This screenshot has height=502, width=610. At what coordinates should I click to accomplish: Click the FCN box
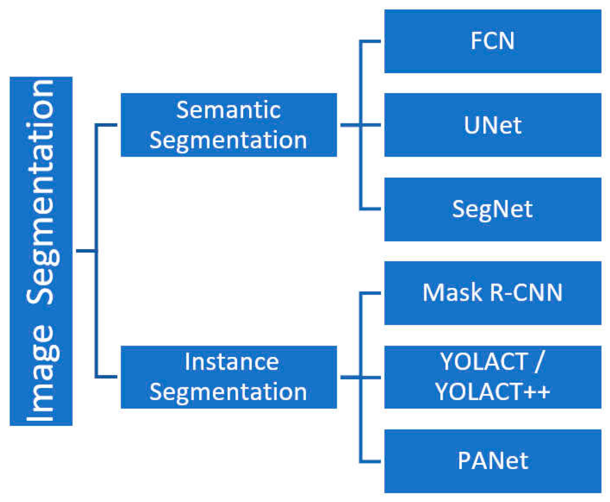[492, 41]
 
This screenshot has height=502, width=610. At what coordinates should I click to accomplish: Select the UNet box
[492, 125]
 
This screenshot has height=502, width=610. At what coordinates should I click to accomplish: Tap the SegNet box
[492, 209]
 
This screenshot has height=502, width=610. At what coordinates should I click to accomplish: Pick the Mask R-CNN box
[492, 293]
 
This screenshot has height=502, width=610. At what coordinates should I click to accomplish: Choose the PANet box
[492, 461]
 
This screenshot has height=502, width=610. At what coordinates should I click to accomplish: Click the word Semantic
[228, 110]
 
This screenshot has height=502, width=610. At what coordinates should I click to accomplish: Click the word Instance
[231, 362]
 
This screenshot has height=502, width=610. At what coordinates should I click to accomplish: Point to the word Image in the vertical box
[42, 373]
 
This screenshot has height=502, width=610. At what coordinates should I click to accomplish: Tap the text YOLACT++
[492, 392]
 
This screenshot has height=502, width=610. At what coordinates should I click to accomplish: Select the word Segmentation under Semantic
[228, 140]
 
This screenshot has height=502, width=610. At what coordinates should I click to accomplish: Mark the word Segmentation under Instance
[228, 392]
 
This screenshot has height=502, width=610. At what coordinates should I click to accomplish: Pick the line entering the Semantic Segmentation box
[107, 125]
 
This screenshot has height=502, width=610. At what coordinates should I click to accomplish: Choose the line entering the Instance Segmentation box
[107, 377]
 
